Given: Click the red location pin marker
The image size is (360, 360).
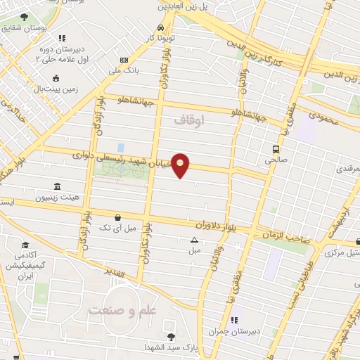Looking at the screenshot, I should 181,165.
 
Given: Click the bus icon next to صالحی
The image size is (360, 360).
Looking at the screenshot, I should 275,149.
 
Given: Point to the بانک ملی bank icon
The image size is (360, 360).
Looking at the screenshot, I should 124,60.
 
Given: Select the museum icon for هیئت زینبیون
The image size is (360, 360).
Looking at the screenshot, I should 56,187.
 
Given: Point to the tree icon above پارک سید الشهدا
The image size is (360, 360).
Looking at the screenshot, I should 171,337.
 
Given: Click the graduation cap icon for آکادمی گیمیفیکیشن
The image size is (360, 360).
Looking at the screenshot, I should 26,245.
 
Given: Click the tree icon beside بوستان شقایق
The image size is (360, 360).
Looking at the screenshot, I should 25,17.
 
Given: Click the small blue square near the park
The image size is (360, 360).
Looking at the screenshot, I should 121,148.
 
